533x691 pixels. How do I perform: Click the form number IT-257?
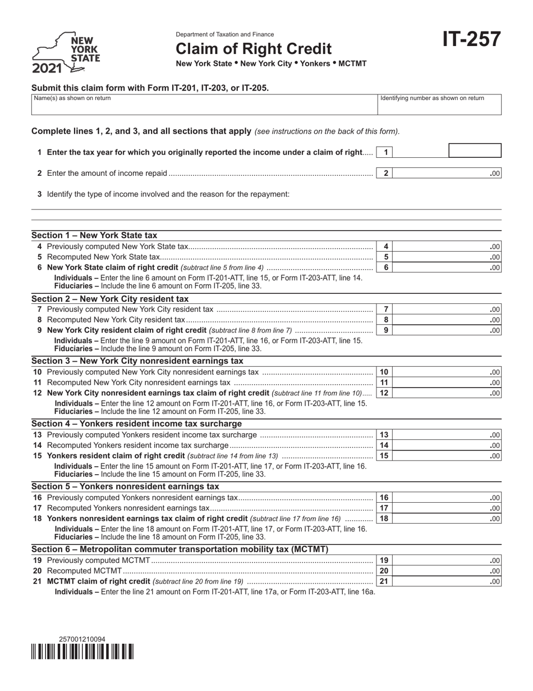tap(471, 40)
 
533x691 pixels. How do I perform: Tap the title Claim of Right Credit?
tap(254, 49)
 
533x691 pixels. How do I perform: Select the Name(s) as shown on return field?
tap(204, 104)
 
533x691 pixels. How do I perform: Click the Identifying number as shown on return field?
tap(439, 104)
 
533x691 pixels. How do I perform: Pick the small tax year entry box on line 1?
tap(475, 151)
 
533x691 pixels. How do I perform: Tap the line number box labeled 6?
tap(386, 267)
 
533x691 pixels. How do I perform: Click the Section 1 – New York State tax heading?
tap(94, 235)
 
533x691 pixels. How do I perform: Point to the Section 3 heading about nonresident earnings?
tap(137, 361)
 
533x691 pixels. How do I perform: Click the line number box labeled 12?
tap(384, 393)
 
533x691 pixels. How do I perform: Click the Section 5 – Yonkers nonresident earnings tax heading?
tap(125, 487)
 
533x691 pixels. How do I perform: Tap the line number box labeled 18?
tap(384, 519)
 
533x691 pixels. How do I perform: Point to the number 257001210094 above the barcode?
tap(82, 639)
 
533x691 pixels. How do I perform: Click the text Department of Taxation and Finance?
tap(225, 34)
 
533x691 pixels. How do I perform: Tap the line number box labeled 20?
tap(384, 571)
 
